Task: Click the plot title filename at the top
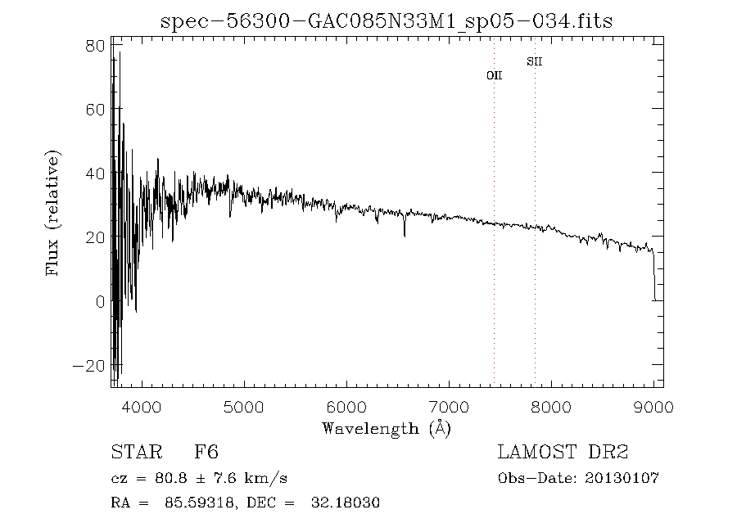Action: pyautogui.click(x=387, y=20)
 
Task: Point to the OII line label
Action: pyautogui.click(x=494, y=75)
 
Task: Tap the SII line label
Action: pyautogui.click(x=534, y=61)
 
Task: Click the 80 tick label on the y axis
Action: pyautogui.click(x=95, y=46)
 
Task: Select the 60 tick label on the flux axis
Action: pyautogui.click(x=95, y=110)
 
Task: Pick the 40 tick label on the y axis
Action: pyautogui.click(x=95, y=174)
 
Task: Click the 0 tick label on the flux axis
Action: pyautogui.click(x=100, y=301)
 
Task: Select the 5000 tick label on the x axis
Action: pyautogui.click(x=244, y=407)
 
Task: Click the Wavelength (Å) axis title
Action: pyautogui.click(x=387, y=428)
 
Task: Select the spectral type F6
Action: pyautogui.click(x=206, y=453)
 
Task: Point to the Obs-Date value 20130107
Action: pyautogui.click(x=623, y=478)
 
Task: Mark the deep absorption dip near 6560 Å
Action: pyautogui.click(x=405, y=235)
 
